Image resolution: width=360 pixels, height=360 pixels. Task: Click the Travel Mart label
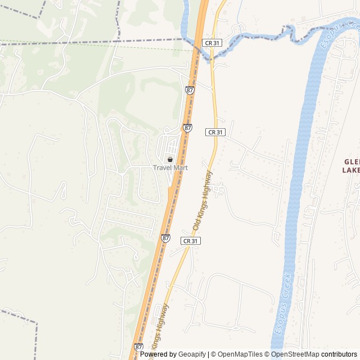click(x=170, y=168)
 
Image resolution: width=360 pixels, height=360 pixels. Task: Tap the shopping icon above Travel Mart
click(x=170, y=160)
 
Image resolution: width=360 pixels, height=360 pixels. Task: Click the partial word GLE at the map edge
click(x=352, y=161)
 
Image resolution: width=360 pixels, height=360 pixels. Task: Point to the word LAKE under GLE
click(x=351, y=170)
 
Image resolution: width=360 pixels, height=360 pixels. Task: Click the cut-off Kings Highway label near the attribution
click(x=160, y=326)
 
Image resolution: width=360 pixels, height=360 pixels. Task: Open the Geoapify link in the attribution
click(x=192, y=354)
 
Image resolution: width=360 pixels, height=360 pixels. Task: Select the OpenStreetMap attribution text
click(x=295, y=354)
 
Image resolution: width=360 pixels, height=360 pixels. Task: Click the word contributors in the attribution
click(x=339, y=354)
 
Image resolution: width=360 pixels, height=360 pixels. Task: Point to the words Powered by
click(x=158, y=354)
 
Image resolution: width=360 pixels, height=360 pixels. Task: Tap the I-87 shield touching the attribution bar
click(x=138, y=347)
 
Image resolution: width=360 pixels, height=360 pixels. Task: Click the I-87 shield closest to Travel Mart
click(x=187, y=128)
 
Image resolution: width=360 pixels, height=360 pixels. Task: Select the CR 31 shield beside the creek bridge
click(x=212, y=43)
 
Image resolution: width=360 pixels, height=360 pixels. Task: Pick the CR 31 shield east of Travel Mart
click(x=215, y=132)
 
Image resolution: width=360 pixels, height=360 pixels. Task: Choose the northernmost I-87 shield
click(x=190, y=90)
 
